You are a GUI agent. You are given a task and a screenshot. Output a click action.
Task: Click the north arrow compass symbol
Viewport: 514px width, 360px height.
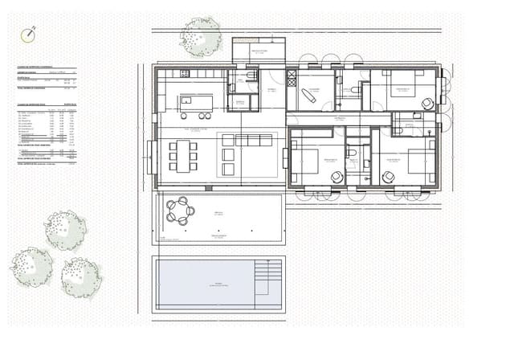[x=29, y=35]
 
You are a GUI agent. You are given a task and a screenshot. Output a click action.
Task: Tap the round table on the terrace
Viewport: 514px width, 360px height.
[x=181, y=211]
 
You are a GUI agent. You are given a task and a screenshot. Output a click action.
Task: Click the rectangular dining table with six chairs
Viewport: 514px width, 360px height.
[x=182, y=155]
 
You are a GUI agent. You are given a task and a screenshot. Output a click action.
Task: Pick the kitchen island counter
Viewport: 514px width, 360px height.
[x=196, y=103]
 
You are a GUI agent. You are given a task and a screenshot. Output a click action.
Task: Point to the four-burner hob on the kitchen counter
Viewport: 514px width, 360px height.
[x=184, y=74]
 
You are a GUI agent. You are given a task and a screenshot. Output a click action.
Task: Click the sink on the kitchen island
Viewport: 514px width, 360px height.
[x=186, y=101]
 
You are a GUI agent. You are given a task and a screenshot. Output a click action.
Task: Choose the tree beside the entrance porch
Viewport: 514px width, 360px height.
[x=200, y=36]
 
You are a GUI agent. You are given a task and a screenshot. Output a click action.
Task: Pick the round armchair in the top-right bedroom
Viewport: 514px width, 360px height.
[x=427, y=103]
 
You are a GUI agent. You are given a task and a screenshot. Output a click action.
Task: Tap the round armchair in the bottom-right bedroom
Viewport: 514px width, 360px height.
[x=390, y=177]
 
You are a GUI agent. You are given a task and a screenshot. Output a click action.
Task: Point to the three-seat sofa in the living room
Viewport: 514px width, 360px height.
[x=254, y=140]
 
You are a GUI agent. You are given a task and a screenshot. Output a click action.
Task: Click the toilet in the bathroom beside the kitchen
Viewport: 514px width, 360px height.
[x=251, y=76]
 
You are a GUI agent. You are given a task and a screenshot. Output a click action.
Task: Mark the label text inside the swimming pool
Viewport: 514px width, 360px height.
[x=217, y=284]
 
